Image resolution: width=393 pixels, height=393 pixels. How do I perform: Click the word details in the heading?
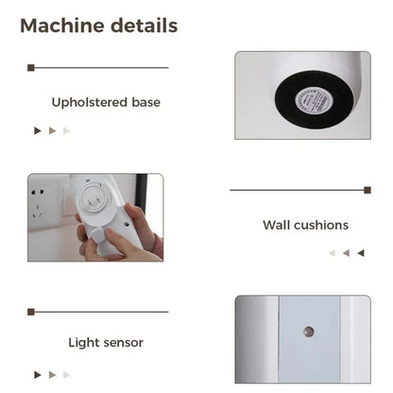coord(141,26)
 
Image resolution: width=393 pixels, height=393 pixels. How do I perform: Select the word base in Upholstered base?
coord(145,102)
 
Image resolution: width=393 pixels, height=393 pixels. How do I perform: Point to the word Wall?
coord(277,225)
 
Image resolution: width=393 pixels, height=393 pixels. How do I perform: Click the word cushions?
coord(320,225)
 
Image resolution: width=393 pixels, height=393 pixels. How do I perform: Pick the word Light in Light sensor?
coord(82,342)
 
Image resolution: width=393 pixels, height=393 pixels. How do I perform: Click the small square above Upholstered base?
coord(31,68)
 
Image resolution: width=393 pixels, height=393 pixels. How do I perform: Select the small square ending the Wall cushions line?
coord(367,190)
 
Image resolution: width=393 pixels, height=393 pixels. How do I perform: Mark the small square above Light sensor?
coord(31,311)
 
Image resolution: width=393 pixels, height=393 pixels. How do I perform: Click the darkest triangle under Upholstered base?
coord(38,130)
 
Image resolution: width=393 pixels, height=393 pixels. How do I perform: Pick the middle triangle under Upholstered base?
coord(52,130)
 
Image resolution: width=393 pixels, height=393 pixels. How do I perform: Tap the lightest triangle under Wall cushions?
coord(332,253)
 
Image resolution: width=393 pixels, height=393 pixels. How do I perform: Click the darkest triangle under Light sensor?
coord(38,374)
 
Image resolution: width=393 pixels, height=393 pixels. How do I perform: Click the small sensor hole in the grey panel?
coord(308,332)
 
